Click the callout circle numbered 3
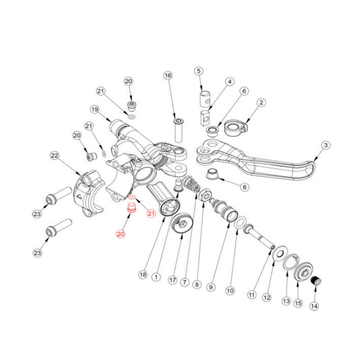point(325,145)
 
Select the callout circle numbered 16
point(168,76)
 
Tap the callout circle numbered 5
point(199,71)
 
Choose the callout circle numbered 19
point(95,109)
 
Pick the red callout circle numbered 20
point(121,234)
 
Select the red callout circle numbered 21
point(151,214)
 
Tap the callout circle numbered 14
point(313,306)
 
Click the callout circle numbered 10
point(229,291)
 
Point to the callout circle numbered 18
point(143,275)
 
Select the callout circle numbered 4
point(230,82)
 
